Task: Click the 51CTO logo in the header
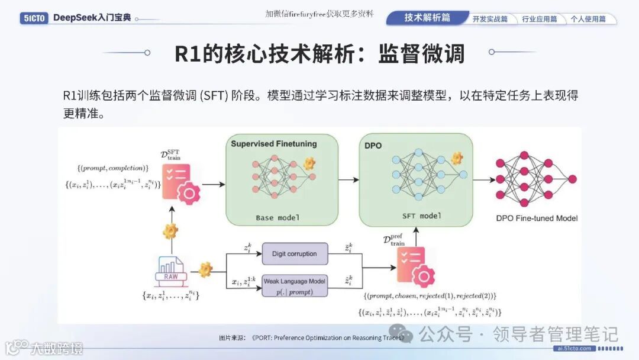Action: click(33, 18)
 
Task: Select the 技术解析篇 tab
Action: click(427, 18)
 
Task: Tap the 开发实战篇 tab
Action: click(490, 19)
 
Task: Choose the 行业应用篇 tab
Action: click(539, 19)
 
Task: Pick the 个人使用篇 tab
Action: click(588, 19)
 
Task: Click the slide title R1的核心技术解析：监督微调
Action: click(319, 53)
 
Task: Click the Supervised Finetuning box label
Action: click(273, 144)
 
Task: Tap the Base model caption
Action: click(277, 217)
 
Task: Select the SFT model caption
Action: click(422, 216)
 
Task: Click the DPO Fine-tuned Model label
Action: click(537, 218)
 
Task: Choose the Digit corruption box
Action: click(294, 253)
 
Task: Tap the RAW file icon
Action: click(172, 269)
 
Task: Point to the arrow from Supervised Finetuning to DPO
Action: click(348, 179)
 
